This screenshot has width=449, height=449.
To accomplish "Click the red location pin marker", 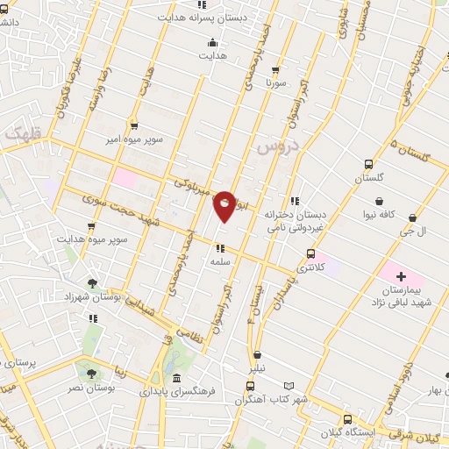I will (x=225, y=206).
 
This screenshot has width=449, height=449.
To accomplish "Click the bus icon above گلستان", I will (x=369, y=164).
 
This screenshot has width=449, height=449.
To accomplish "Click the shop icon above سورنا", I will (x=277, y=69).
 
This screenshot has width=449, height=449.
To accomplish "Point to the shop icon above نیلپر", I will (x=257, y=355).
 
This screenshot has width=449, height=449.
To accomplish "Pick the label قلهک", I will (x=23, y=134).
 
